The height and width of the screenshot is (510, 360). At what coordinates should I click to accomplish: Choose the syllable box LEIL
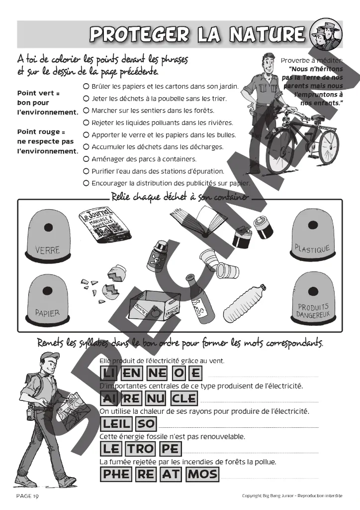(x=116, y=423)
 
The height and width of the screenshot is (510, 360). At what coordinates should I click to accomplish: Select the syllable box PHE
(x=116, y=474)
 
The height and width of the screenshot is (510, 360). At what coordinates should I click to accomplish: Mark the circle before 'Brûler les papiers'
(x=86, y=86)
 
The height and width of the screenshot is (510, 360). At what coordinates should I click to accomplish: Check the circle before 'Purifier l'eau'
(x=86, y=171)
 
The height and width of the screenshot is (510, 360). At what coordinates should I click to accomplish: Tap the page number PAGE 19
(x=27, y=496)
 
